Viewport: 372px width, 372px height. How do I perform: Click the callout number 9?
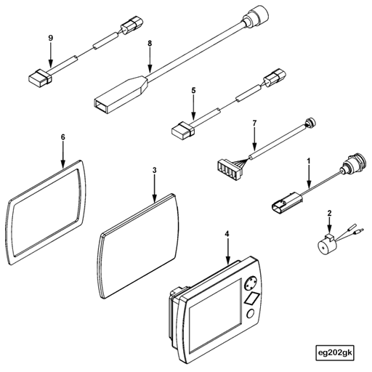click(50, 37)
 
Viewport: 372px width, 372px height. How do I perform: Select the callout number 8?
click(150, 44)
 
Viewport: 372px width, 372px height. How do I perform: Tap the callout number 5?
click(194, 92)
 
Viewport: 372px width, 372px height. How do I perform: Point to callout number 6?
click(63, 137)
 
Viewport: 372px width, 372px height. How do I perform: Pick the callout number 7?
click(254, 124)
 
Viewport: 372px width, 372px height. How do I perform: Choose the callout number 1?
click(309, 160)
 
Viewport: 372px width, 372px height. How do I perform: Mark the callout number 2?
click(329, 213)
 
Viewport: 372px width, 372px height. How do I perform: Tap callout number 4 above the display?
click(228, 234)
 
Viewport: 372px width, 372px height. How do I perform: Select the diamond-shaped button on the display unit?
click(254, 299)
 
